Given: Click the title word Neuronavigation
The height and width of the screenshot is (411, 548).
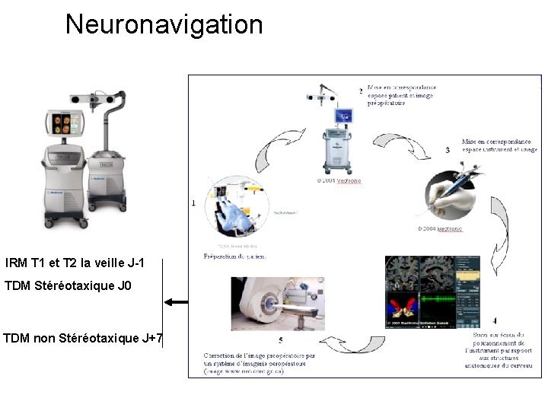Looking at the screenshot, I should pos(164,24).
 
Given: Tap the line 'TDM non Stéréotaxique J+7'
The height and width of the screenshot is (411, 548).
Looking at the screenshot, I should pos(82,338).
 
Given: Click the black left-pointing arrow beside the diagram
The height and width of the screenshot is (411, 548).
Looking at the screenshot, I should pos(177,302).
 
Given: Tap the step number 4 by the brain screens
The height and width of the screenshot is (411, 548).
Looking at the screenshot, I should pos(495,321).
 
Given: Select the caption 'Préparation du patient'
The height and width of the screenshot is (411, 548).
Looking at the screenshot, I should pos(234,256).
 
